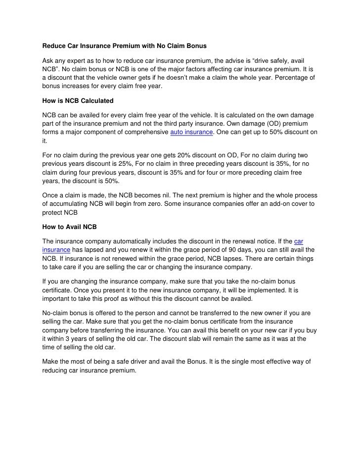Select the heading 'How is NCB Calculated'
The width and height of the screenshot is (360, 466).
78,101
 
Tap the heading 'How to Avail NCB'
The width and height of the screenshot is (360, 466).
70,228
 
